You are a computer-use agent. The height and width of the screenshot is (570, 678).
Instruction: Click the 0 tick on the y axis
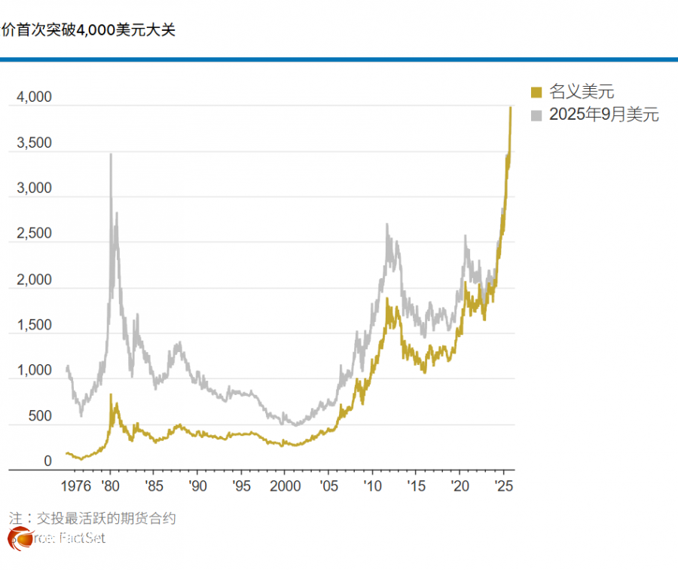47,461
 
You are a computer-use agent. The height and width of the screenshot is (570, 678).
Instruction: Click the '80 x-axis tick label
110,486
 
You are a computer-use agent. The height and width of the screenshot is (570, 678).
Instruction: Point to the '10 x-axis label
371,486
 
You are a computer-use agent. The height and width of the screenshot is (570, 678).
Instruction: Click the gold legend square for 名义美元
536,92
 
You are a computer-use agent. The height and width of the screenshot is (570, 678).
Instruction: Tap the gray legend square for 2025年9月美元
536,115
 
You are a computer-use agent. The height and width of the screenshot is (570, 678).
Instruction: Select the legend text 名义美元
581,92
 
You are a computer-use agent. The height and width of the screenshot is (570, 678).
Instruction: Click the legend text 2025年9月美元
603,115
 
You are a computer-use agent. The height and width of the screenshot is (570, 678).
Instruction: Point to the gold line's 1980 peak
111,394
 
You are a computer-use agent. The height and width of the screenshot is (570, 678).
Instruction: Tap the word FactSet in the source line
83,538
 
